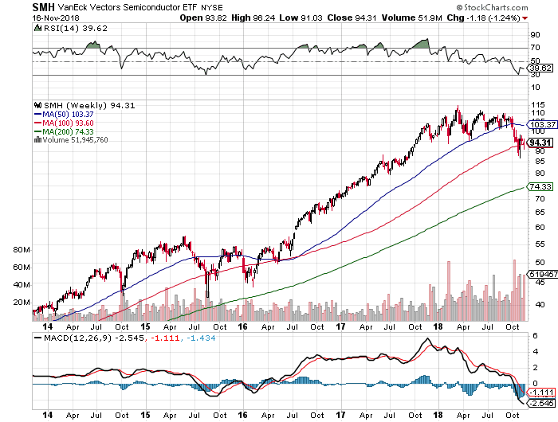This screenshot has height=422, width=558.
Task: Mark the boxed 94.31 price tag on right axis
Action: coord(540,142)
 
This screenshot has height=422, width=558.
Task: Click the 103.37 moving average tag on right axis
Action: coord(541,124)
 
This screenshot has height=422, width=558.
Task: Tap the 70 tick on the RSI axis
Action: coord(535,48)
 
